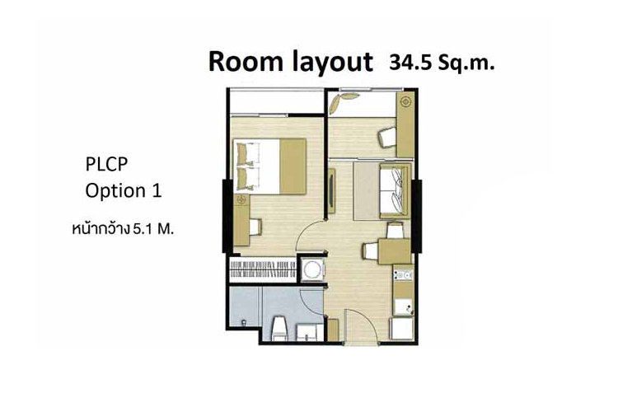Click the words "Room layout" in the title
pyautogui.click(x=291, y=63)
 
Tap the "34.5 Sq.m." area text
pyautogui.click(x=442, y=63)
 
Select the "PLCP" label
pyautogui.click(x=106, y=165)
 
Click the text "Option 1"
pyautogui.click(x=124, y=191)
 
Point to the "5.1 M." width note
pyautogui.click(x=153, y=229)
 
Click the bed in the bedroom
pyautogui.click(x=270, y=166)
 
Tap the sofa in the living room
pyautogui.click(x=395, y=191)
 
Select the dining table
pyautogui.click(x=394, y=251)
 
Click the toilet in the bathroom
pyautogui.click(x=279, y=328)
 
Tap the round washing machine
pyautogui.click(x=313, y=269)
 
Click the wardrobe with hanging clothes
pyautogui.click(x=263, y=269)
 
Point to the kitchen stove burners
pyautogui.click(x=403, y=274)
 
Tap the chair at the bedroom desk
pyautogui.click(x=255, y=227)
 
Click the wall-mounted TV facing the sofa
pyautogui.click(x=331, y=190)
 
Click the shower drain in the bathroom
pyautogui.click(x=244, y=323)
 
